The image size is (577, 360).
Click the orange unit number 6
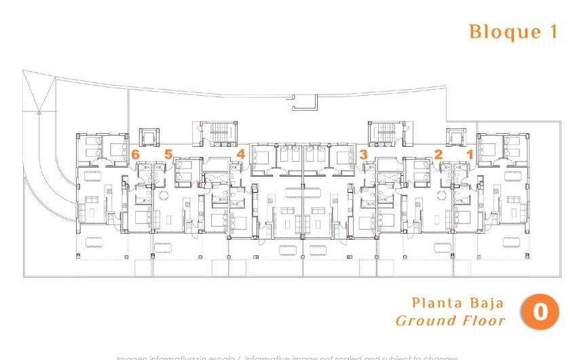click(x=136, y=155)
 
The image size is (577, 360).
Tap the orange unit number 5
click(x=168, y=155)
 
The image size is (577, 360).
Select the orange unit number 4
click(x=240, y=154)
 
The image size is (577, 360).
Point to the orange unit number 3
click(x=364, y=155)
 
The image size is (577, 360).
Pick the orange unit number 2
click(x=439, y=155)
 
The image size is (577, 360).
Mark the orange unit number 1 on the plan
click(x=469, y=155)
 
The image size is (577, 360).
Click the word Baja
click(x=485, y=303)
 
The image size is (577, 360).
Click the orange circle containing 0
click(x=540, y=312)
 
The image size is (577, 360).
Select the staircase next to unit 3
click(x=385, y=132)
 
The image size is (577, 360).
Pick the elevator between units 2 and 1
click(x=454, y=136)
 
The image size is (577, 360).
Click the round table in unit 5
click(x=163, y=195)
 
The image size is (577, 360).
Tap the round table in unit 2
click(x=443, y=195)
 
